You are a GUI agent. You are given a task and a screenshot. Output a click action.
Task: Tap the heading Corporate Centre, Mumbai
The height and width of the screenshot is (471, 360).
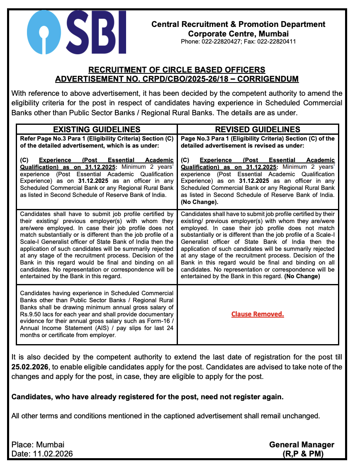[x=238, y=34]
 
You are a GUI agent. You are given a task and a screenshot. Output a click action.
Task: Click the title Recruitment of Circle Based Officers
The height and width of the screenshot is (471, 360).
[x=177, y=70]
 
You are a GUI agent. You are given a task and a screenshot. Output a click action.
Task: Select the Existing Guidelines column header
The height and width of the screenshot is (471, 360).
[x=97, y=129]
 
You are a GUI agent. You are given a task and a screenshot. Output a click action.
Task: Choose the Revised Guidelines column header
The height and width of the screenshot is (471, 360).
[x=258, y=129]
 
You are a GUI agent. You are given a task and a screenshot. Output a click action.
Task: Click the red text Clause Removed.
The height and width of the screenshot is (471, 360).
[x=258, y=314]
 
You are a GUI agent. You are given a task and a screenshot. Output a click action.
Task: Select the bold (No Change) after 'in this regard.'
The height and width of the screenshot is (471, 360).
[x=302, y=276]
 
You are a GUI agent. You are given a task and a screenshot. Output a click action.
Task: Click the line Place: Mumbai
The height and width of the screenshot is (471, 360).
[x=38, y=444]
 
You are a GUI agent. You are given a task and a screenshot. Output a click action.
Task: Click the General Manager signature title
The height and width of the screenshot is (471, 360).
[x=302, y=444]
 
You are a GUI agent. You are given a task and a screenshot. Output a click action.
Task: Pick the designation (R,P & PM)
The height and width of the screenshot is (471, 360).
[x=302, y=454]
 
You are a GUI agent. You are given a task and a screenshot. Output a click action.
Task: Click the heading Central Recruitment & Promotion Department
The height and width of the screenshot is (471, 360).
[x=238, y=24]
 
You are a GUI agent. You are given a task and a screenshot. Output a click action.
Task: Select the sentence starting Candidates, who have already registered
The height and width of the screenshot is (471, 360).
[x=147, y=397]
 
